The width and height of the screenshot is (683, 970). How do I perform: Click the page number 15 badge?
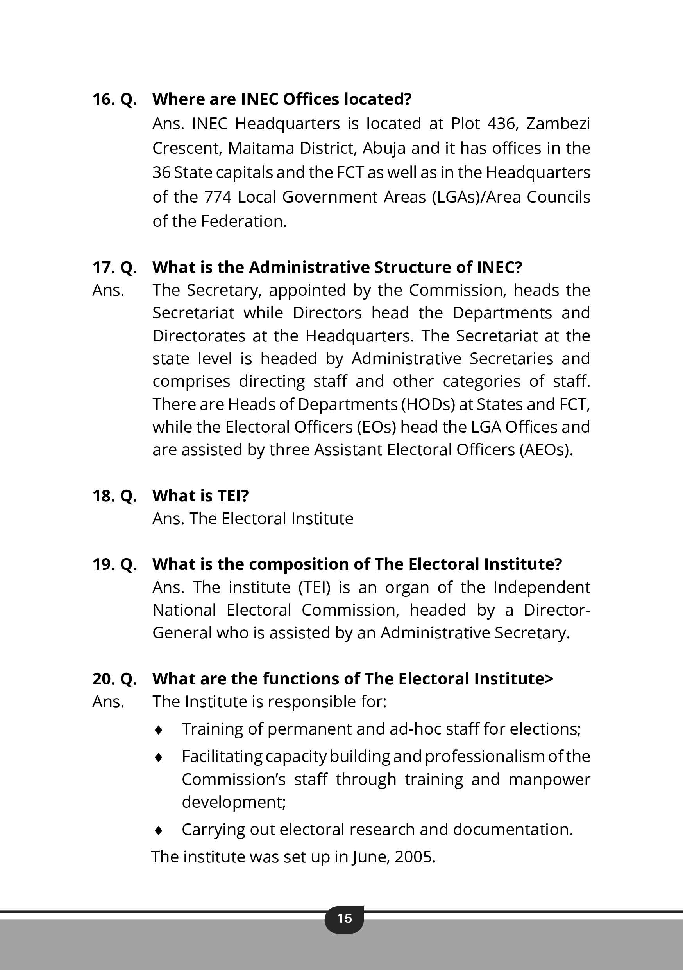(344, 918)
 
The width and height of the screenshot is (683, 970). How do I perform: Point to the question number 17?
(103, 268)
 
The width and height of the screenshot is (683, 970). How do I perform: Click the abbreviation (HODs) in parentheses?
(427, 404)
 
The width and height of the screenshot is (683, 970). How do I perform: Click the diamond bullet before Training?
(159, 730)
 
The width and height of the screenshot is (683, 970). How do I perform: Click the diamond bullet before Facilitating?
(159, 758)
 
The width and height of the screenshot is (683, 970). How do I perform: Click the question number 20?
(103, 679)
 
